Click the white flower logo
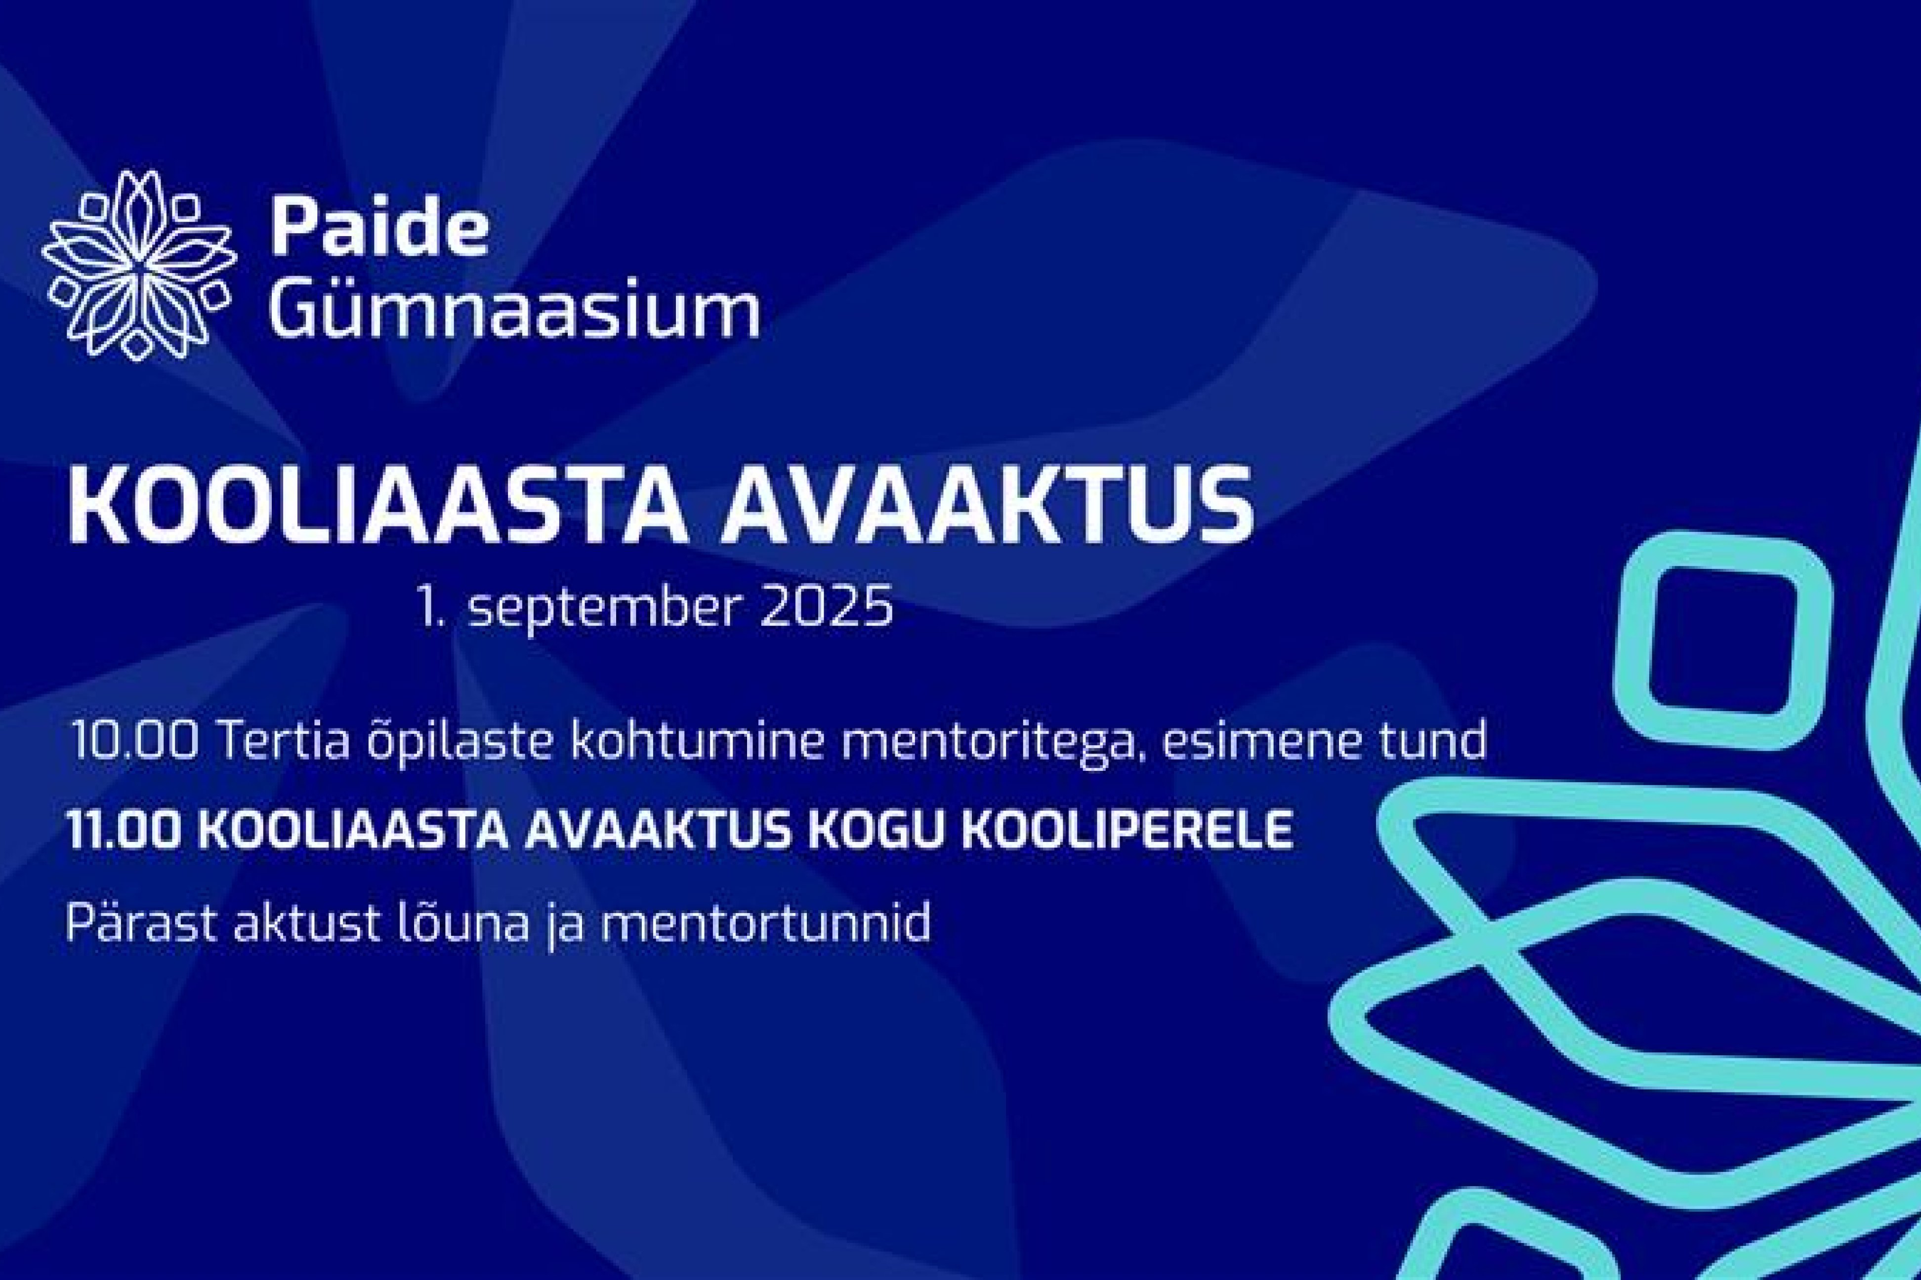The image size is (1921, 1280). point(139,265)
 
